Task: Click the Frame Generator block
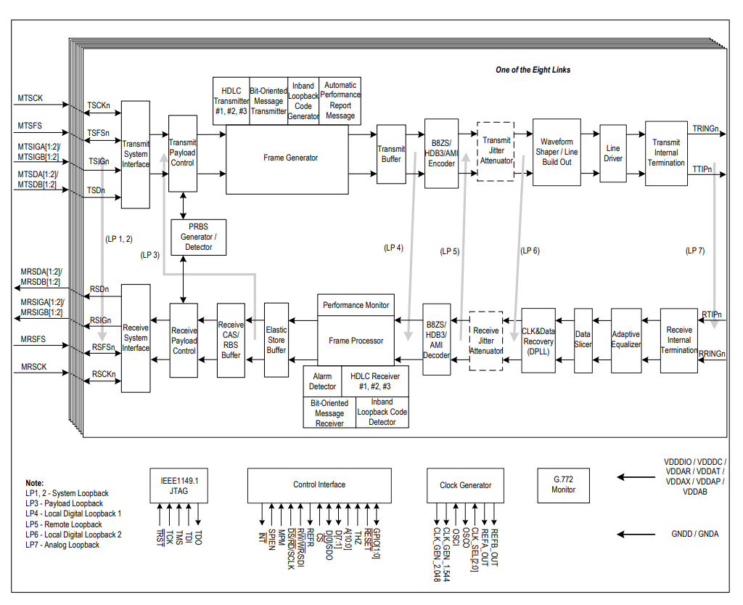pos(290,158)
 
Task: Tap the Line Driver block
pos(613,154)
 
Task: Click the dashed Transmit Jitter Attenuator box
pos(496,151)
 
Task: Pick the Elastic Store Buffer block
pos(276,340)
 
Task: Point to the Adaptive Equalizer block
pos(625,340)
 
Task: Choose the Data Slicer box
pos(583,340)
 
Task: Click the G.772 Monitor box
pos(563,485)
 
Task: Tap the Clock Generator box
pos(465,485)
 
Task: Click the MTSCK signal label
pos(30,97)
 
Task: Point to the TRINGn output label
pos(705,129)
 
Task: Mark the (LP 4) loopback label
pos(393,248)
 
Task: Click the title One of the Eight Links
pos(533,70)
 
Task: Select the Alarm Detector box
pos(323,381)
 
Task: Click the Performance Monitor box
pos(356,305)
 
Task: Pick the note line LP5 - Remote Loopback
pos(64,524)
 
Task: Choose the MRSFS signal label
pos(33,339)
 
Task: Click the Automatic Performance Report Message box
pos(340,100)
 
